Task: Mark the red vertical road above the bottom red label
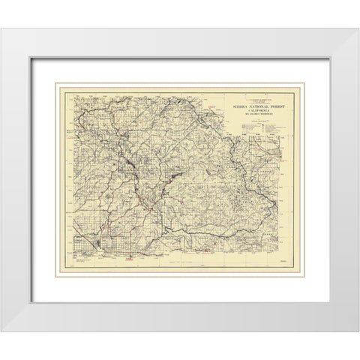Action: point(130,240)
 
